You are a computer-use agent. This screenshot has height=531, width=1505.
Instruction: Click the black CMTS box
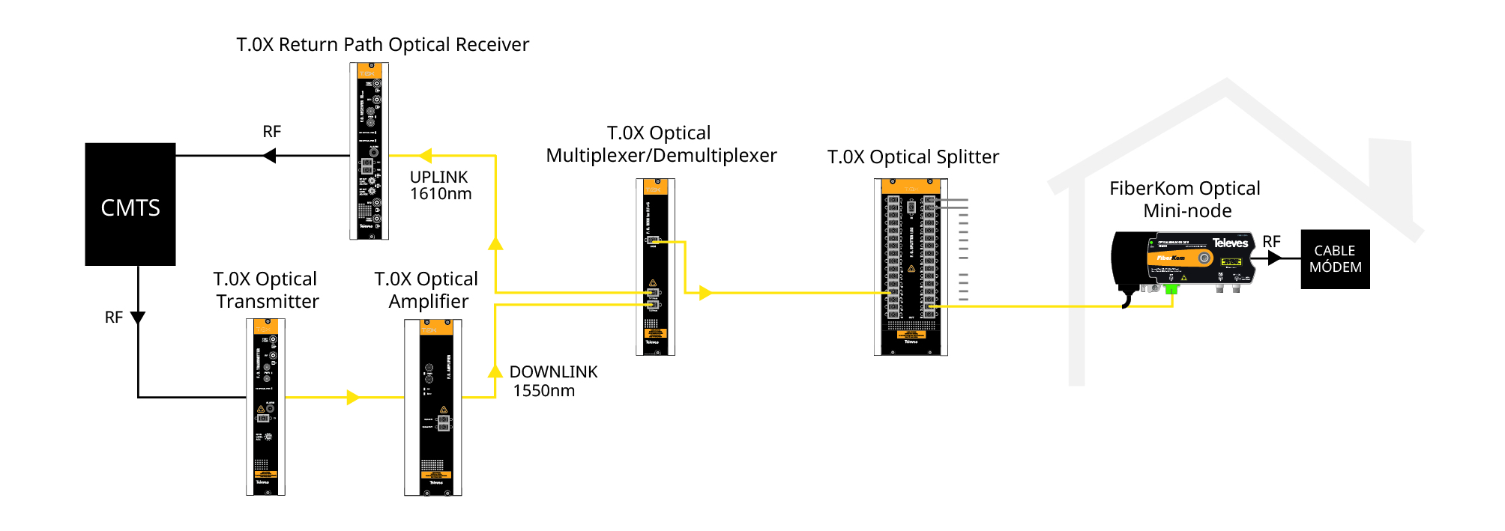[x=130, y=204]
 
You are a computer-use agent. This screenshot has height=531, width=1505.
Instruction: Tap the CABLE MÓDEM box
[x=1335, y=259]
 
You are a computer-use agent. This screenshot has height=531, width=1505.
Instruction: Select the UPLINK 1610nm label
[x=440, y=186]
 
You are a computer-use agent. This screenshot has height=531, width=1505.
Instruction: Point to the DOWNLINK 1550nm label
[x=552, y=381]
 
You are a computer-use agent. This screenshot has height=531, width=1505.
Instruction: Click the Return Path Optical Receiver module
[x=369, y=151]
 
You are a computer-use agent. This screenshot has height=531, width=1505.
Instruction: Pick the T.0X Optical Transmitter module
[x=265, y=407]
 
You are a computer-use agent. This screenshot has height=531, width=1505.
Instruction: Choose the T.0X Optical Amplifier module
[x=432, y=407]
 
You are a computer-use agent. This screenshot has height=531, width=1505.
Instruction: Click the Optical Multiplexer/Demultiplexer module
[x=655, y=267]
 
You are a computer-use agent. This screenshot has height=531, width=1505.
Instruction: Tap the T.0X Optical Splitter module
[x=911, y=267]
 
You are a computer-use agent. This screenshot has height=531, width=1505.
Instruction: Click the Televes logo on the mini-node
[x=1230, y=243]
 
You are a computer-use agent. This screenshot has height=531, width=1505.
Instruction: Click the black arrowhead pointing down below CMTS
[x=138, y=318]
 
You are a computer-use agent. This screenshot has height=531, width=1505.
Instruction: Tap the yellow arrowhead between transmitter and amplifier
[x=353, y=397]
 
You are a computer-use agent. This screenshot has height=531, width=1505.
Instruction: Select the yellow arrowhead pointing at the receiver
[x=426, y=156]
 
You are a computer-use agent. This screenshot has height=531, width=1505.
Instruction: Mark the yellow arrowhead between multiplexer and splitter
[x=705, y=293]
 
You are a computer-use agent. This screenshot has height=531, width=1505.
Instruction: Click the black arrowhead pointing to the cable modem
[x=1274, y=258]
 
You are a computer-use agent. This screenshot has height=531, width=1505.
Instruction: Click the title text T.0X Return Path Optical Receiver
[x=382, y=45]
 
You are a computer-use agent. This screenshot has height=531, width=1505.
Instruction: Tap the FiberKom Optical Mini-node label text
[x=1185, y=199]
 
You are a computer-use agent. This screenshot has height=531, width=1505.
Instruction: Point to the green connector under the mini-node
[x=1171, y=288]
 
